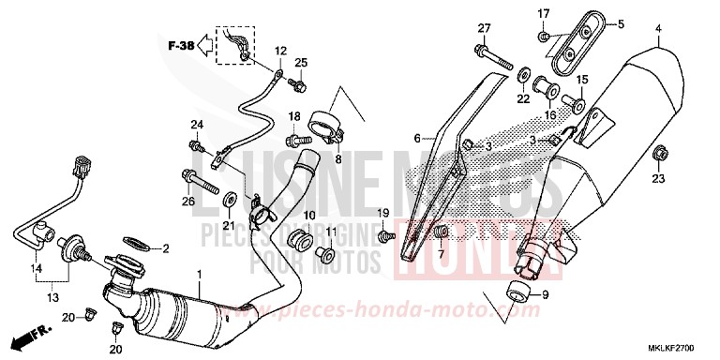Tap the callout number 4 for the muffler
click(x=658, y=29)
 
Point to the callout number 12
click(x=280, y=51)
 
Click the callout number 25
click(x=302, y=63)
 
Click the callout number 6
click(x=416, y=138)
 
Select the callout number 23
click(x=658, y=178)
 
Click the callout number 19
click(x=382, y=214)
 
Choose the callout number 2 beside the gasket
click(x=165, y=248)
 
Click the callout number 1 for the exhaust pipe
click(x=199, y=276)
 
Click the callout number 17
click(x=542, y=12)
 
